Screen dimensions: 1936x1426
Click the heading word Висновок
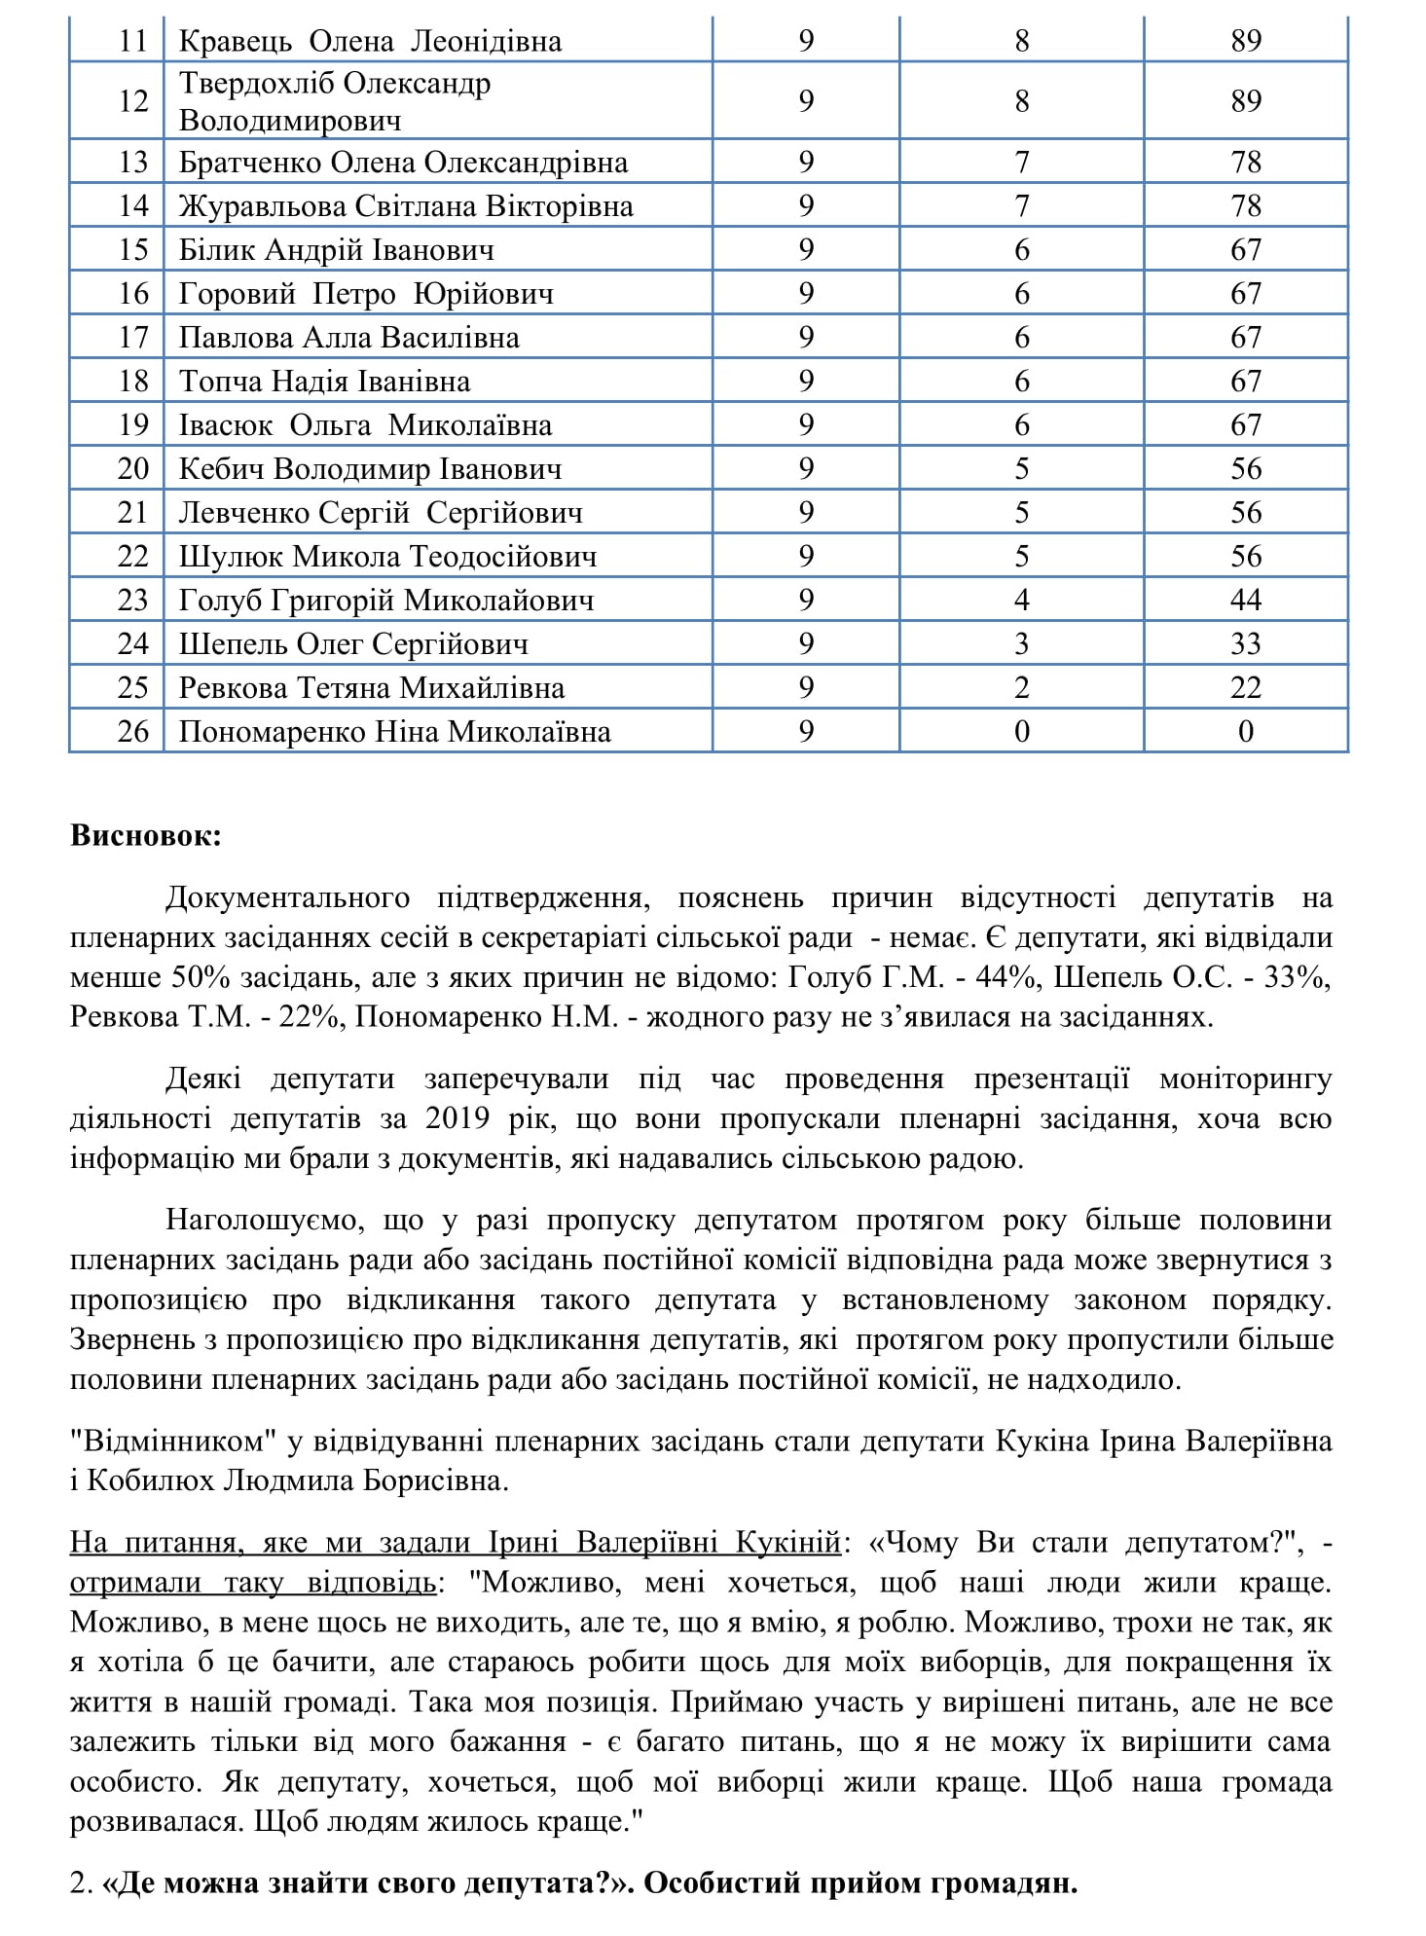[x=146, y=835]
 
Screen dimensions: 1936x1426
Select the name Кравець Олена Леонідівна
[x=370, y=41]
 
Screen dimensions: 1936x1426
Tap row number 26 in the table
[x=133, y=731]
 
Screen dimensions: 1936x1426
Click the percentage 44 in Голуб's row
[x=1245, y=600]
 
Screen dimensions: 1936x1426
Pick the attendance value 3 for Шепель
[x=1021, y=643]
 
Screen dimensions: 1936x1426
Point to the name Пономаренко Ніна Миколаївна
[x=394, y=731]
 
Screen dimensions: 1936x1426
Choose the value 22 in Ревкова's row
[x=1245, y=687]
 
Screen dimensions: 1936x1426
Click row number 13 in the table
[x=133, y=162]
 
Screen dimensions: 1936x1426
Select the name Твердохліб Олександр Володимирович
[x=335, y=101]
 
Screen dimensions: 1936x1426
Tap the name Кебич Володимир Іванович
[x=370, y=469]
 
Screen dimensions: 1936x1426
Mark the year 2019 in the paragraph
[x=457, y=1118]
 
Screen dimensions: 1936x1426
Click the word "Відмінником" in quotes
[x=166, y=1441]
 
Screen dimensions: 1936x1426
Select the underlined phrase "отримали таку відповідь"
[x=252, y=1583]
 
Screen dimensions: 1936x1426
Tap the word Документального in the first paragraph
[x=287, y=896]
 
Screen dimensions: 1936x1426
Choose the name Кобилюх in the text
[x=151, y=1480]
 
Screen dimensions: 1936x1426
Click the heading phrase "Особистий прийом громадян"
[x=860, y=1882]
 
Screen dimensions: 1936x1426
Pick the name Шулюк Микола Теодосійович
[x=387, y=557]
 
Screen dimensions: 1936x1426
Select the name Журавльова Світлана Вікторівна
[x=406, y=206]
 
